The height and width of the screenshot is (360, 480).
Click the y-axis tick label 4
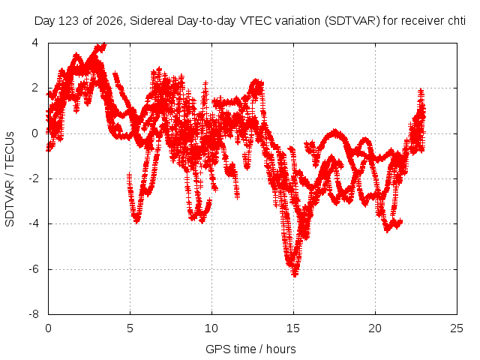pyautogui.click(x=35, y=43)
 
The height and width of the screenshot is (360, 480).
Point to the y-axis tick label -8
pyautogui.click(x=34, y=314)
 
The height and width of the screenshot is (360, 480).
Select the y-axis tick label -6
pyautogui.click(x=34, y=269)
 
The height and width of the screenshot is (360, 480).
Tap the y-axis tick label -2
pyautogui.click(x=34, y=178)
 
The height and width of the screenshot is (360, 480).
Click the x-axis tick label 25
pyautogui.click(x=457, y=328)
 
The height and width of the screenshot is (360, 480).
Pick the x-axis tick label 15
pyautogui.click(x=293, y=328)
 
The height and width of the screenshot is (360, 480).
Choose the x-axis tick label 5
pyautogui.click(x=130, y=328)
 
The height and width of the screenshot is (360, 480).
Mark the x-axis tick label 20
pyautogui.click(x=375, y=328)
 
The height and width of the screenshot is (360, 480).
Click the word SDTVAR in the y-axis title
pyautogui.click(x=10, y=202)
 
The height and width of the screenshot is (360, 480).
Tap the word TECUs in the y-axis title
pyautogui.click(x=10, y=150)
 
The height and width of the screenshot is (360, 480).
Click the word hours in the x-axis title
pyautogui.click(x=281, y=349)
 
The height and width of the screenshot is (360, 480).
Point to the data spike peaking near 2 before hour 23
pyautogui.click(x=421, y=91)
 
